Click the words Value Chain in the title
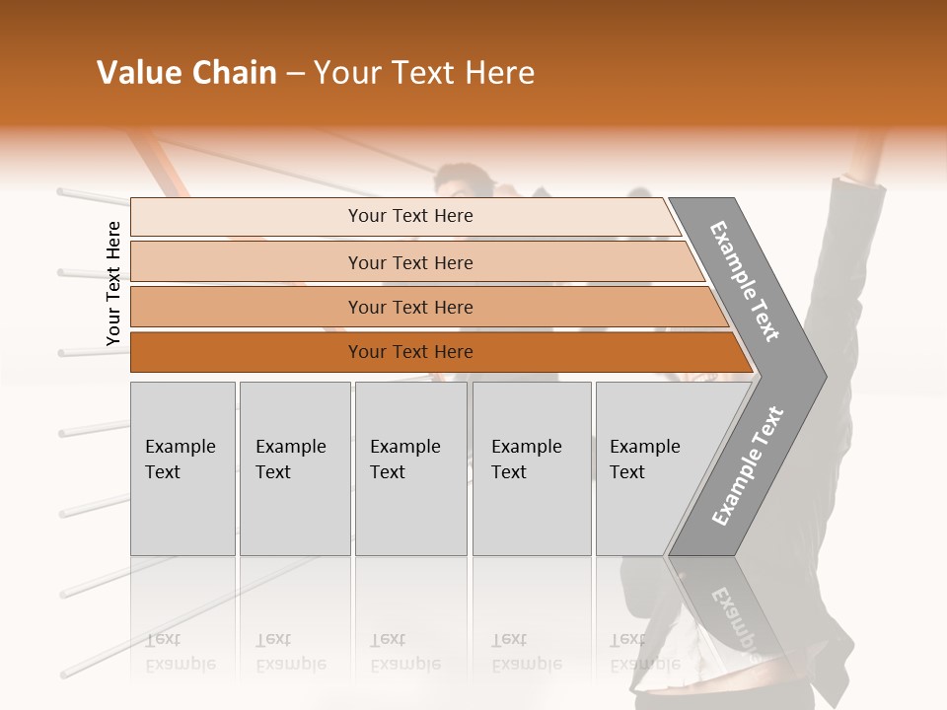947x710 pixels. [186, 73]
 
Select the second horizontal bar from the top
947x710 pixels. [409, 262]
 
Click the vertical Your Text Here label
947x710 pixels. [113, 283]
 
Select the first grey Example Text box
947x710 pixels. [182, 467]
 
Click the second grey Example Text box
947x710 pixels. [294, 467]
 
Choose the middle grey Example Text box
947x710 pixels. [410, 467]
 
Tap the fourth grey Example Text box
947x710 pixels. [531, 467]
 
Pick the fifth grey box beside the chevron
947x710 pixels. [641, 467]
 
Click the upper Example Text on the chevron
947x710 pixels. [746, 281]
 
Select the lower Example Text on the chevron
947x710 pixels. [748, 465]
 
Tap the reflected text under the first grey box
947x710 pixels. [181, 653]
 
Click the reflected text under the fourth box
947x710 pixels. [526, 653]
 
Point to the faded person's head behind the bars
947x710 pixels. [464, 180]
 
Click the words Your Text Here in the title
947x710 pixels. [424, 73]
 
